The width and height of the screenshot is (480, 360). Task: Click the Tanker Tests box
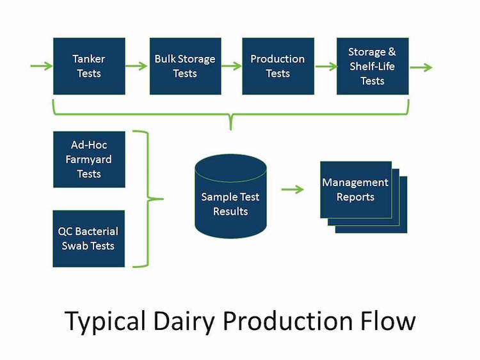(x=89, y=66)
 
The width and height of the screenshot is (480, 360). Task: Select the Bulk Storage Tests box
(x=185, y=66)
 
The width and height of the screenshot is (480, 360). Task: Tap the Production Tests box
(x=278, y=66)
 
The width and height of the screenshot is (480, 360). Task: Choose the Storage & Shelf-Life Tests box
(x=372, y=66)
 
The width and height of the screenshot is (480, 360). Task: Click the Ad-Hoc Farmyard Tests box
(x=89, y=160)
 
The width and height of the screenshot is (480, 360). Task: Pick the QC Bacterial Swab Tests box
(x=89, y=239)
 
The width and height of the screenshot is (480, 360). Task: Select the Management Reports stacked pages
(x=358, y=192)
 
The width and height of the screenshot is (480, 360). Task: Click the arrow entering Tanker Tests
(x=41, y=66)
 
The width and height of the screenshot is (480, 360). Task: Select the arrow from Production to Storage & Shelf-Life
(x=325, y=66)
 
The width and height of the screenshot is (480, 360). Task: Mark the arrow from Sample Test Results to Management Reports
(x=292, y=190)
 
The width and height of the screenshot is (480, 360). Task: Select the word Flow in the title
(x=385, y=320)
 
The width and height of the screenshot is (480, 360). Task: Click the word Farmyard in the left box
(x=89, y=160)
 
